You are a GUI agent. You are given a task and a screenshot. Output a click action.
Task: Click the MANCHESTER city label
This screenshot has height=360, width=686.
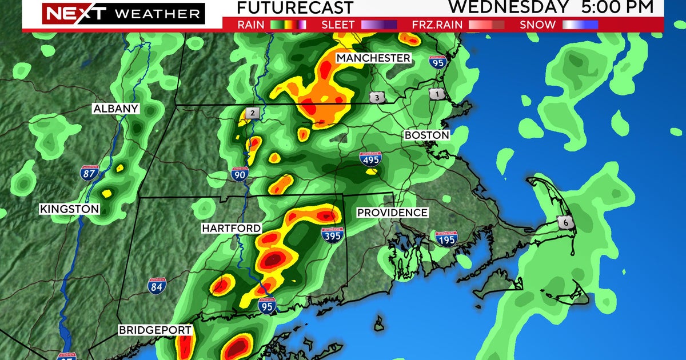(373, 58)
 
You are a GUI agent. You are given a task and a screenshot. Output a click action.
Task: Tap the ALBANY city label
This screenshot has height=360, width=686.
(116, 109)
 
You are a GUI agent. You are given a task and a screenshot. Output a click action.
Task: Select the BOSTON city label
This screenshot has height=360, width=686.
(426, 135)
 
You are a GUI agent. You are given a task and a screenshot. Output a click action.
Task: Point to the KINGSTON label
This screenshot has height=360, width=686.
(69, 210)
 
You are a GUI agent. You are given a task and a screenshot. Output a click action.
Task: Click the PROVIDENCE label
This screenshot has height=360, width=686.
(392, 213)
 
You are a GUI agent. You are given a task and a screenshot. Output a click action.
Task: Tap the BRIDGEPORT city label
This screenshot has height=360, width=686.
(147, 330)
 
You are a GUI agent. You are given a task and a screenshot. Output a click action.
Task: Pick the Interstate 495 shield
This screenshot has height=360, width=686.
(370, 160)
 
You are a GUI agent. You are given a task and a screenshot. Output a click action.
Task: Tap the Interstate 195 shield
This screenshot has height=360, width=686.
(446, 239)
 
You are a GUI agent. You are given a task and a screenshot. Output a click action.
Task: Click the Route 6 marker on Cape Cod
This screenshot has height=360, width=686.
(567, 222)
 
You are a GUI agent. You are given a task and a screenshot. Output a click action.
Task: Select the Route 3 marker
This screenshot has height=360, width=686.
(377, 97)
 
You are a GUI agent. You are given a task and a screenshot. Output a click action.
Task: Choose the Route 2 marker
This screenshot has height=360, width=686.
(252, 113)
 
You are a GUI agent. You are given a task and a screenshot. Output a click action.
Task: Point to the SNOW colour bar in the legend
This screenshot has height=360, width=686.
(580, 25)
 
